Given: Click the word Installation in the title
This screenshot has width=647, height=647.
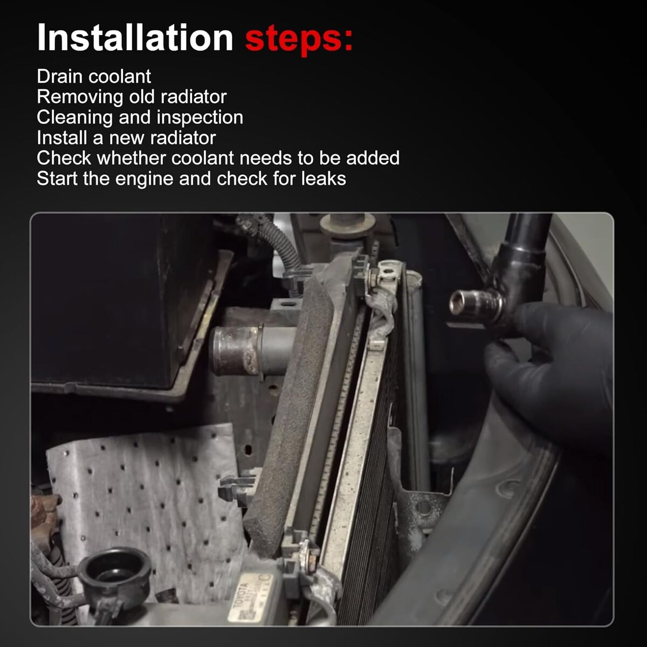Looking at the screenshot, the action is [x=135, y=37].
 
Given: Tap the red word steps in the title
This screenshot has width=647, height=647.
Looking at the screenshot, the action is [x=295, y=39].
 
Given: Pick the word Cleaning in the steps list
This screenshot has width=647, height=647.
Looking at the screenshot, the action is [x=75, y=118].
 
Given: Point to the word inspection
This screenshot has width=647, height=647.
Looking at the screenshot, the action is [x=200, y=118].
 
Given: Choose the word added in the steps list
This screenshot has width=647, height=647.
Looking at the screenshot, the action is [x=373, y=158].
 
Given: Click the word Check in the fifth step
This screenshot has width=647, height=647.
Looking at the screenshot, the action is [x=64, y=158].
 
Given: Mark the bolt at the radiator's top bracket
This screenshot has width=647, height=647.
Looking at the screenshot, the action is [x=374, y=278].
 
